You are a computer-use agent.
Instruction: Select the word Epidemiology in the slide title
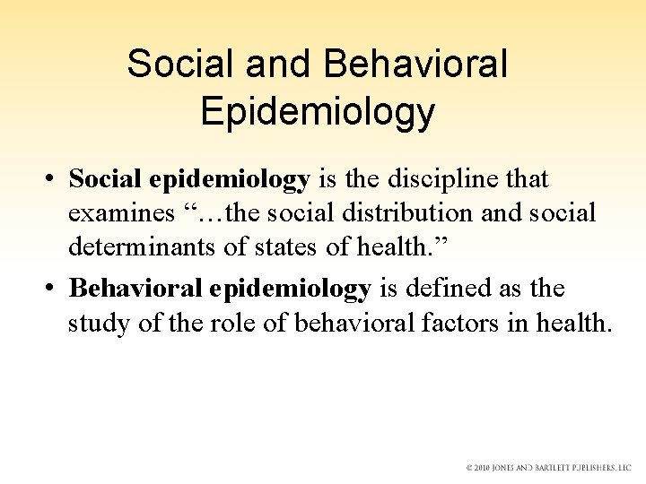(x=319, y=112)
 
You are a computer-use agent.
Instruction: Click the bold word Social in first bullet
(x=104, y=180)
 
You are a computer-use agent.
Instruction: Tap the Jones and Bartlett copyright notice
(x=547, y=468)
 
